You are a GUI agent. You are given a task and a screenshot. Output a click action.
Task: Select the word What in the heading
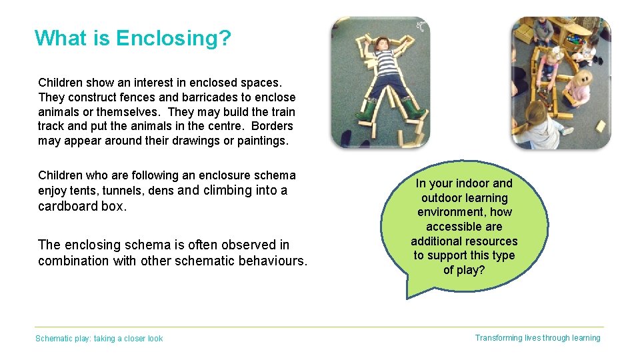pyautogui.click(x=61, y=38)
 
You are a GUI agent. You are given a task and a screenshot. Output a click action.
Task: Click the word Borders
pyautogui.click(x=271, y=126)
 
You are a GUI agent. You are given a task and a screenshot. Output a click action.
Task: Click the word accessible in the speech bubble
pyautogui.click(x=464, y=227)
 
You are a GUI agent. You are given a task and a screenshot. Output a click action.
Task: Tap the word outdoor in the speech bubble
pyautogui.click(x=445, y=198)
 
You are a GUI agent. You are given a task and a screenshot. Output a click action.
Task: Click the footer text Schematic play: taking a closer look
pyautogui.click(x=99, y=339)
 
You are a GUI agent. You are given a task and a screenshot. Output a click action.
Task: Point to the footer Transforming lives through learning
pyautogui.click(x=537, y=338)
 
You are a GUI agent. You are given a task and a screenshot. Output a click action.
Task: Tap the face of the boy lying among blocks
pyautogui.click(x=381, y=45)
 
